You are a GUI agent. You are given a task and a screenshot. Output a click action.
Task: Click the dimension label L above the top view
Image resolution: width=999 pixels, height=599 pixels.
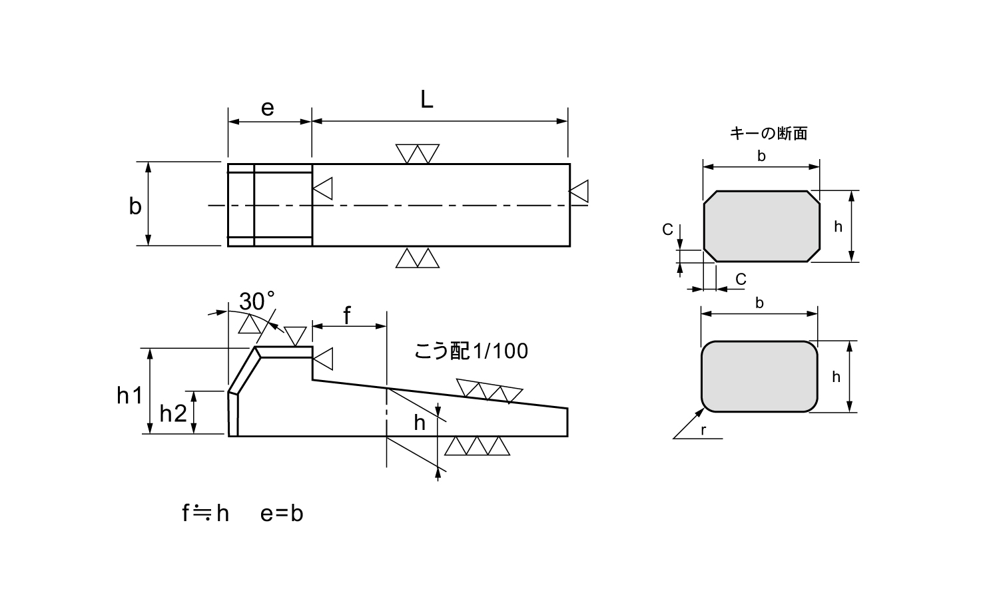coord(427,100)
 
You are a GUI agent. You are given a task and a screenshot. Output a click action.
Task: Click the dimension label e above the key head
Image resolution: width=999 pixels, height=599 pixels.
coord(268,108)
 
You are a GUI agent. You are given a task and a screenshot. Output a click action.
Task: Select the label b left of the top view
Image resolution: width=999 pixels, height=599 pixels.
coord(135,206)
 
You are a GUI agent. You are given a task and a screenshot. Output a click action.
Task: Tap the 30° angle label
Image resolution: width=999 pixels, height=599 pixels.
coord(257,301)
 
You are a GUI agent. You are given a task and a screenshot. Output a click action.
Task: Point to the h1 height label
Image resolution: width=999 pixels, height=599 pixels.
coord(129,395)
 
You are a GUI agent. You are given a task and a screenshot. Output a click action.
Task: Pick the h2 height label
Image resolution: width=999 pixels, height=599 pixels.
coord(172,414)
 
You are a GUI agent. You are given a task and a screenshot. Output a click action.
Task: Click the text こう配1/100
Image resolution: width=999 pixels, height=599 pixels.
coord(471,351)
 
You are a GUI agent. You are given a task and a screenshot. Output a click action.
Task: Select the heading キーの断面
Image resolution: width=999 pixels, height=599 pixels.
coord(769,134)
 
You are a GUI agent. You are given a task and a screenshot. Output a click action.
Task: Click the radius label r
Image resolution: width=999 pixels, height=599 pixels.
coord(703,431)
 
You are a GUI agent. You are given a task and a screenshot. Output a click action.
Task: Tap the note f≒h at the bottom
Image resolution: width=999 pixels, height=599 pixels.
coord(205,513)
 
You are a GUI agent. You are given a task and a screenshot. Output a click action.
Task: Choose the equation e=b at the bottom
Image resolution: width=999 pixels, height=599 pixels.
coord(282,513)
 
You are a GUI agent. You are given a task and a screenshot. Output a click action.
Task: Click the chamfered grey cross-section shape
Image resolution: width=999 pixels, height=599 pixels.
coord(762,226)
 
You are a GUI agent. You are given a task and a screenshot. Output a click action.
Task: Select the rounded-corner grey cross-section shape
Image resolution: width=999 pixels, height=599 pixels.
coord(759,377)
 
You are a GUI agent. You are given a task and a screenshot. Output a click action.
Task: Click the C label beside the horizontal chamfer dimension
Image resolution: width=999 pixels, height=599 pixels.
coord(741,279)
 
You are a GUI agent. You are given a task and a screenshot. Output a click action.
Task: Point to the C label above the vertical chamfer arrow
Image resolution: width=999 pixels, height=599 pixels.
coord(667,230)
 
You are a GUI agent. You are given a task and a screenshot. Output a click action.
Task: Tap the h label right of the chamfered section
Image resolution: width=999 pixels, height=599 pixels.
coord(838,226)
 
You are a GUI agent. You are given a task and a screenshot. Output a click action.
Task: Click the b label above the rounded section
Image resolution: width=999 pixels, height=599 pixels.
coord(759,303)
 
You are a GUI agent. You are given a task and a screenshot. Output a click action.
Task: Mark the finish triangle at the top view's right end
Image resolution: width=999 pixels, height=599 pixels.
coord(579,191)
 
